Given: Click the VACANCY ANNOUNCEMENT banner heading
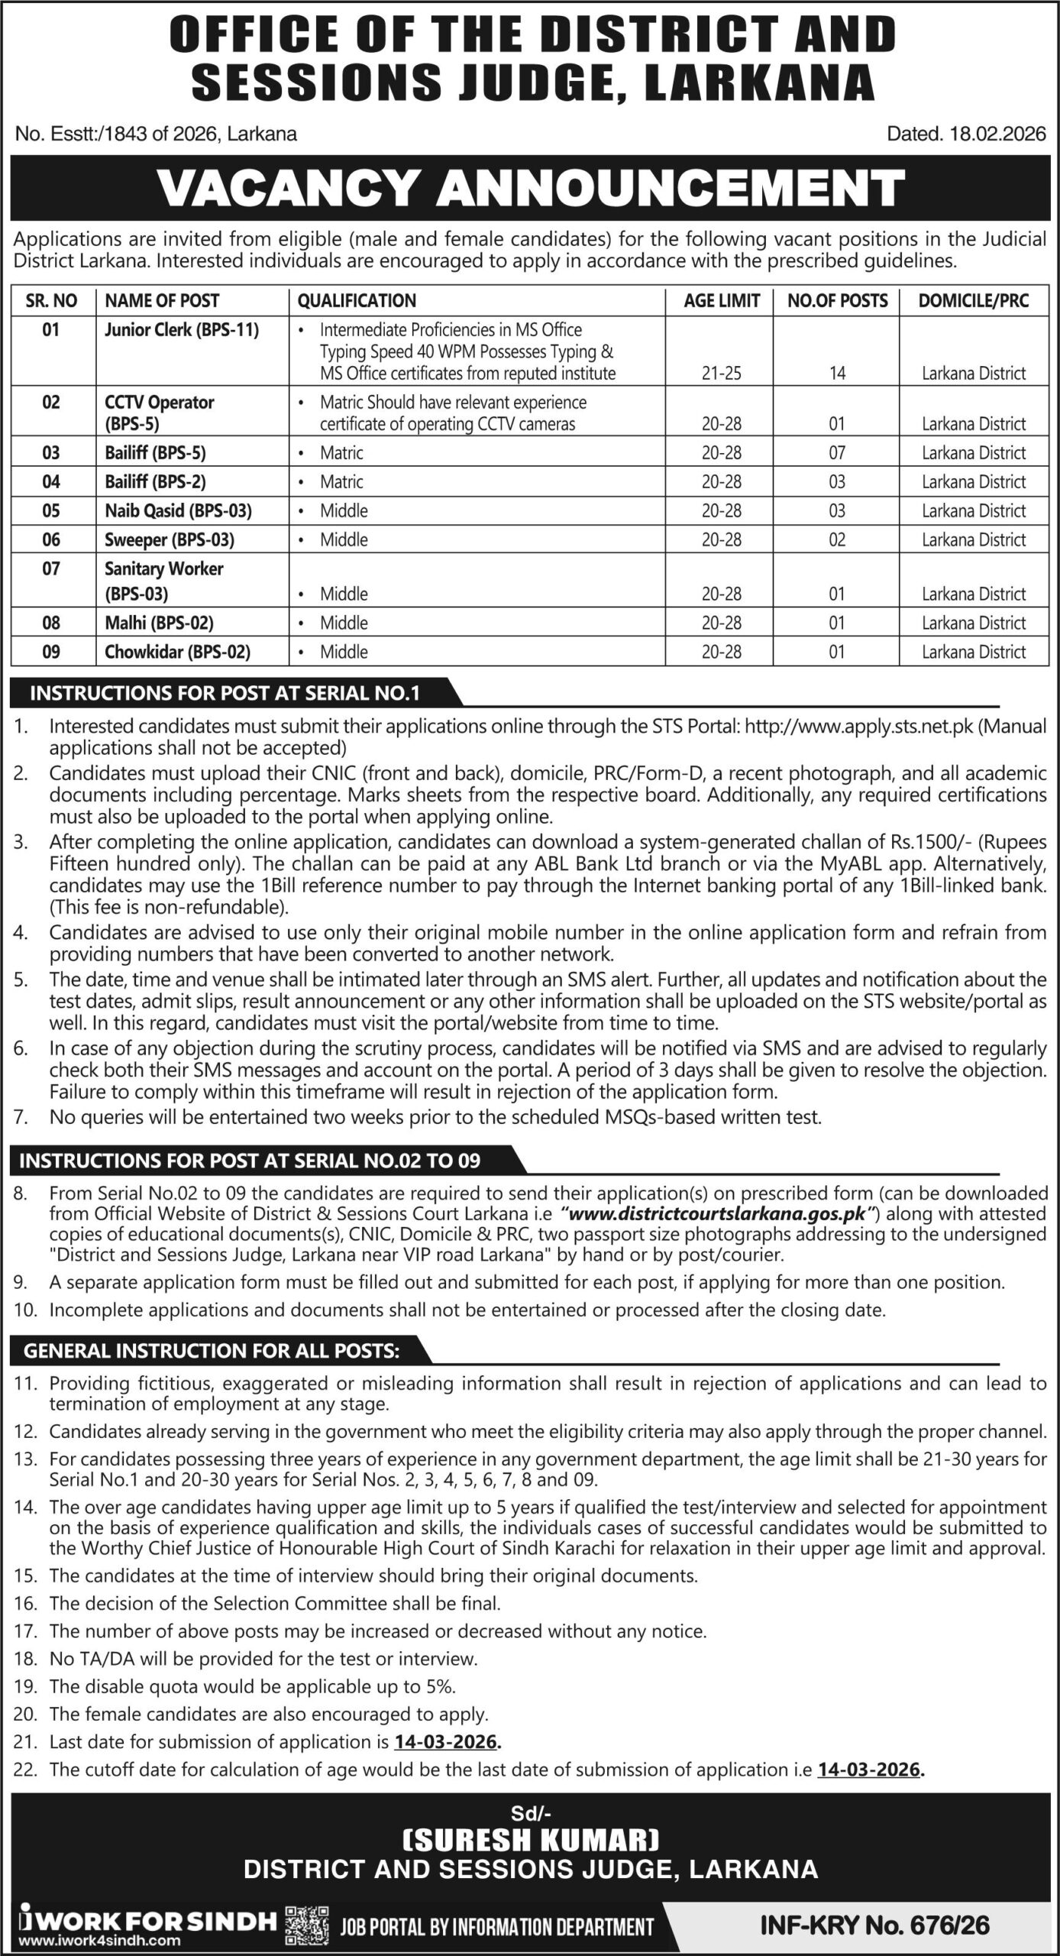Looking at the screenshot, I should click(x=530, y=188).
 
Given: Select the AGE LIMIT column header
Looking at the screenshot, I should click(x=721, y=301).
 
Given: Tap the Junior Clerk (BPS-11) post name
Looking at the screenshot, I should click(x=182, y=330).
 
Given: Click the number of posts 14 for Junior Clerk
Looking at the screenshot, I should click(x=837, y=374).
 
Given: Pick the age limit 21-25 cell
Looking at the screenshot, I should click(x=721, y=374).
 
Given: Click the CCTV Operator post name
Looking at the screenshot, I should click(x=159, y=403).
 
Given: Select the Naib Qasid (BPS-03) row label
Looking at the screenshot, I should click(x=178, y=510).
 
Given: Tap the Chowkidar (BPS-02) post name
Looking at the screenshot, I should click(x=177, y=652).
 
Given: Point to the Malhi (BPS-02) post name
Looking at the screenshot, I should click(x=159, y=623).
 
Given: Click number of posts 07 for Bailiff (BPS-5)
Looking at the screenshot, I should click(x=837, y=453).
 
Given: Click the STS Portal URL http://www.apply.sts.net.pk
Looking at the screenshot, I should click(x=858, y=726).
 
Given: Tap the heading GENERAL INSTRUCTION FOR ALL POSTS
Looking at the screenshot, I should click(x=212, y=1351).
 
